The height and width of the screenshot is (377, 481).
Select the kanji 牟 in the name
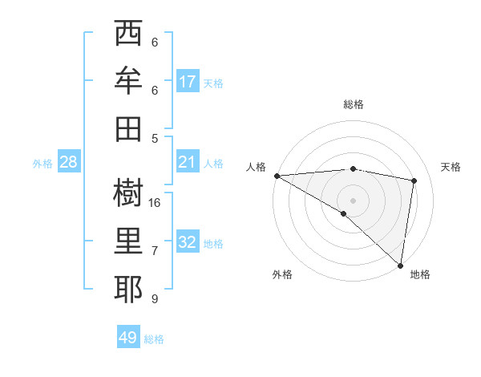pos(127,81)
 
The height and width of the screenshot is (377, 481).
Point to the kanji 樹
pos(127,193)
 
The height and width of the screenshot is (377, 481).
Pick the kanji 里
pos(127,241)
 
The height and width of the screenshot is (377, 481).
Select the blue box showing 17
pos(188,82)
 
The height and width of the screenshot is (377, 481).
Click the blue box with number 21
pos(188,163)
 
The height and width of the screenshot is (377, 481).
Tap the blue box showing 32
pos(188,243)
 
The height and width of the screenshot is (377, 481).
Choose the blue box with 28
pos(69,163)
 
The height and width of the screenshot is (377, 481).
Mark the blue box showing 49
pos(128,338)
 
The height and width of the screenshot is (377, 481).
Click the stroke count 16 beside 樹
pos(156,202)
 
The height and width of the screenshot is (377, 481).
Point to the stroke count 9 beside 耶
pos(154,299)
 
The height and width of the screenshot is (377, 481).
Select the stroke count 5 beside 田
pos(154,138)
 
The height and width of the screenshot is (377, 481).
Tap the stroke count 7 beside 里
pos(154,251)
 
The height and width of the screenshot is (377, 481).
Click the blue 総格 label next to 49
pos(154,339)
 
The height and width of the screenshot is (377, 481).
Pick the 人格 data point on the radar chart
pos(277,176)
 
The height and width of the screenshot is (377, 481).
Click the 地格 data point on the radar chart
pos(400,265)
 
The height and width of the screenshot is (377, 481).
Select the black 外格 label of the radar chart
pos(282,274)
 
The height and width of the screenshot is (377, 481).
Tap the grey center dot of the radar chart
pos(353,199)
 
